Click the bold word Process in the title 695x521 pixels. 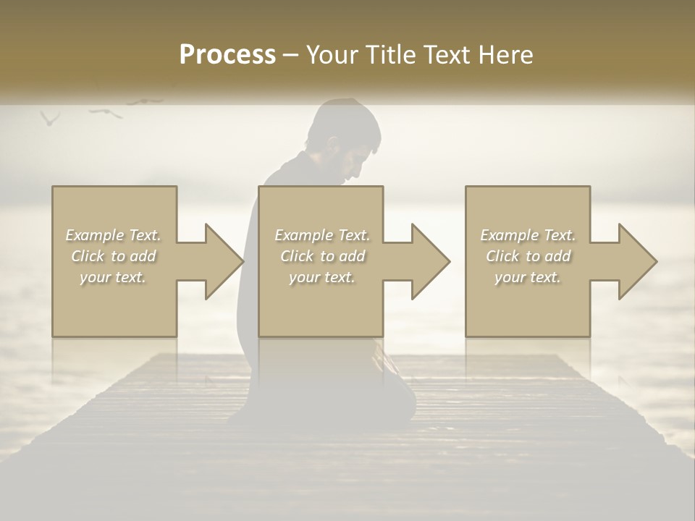click(227, 55)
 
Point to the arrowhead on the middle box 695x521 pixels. click(429, 261)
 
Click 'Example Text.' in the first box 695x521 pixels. click(114, 235)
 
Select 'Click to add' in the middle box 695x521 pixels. click(322, 256)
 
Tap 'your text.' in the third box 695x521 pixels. click(528, 277)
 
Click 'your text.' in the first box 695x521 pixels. click(114, 277)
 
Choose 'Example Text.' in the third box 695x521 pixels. click(528, 235)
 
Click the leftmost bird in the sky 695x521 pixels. click(49, 118)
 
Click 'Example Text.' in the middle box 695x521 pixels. click(322, 235)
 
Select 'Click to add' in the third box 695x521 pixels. click(528, 256)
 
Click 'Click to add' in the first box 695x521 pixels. click(114, 256)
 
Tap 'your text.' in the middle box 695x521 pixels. click(322, 277)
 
